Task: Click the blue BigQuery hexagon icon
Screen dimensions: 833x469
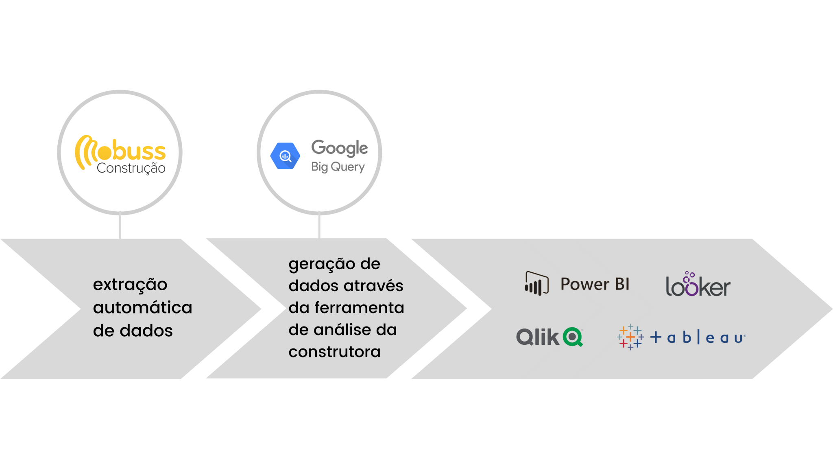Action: tap(285, 156)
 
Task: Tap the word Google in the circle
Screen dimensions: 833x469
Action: tap(340, 148)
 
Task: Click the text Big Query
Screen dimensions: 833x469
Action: tap(338, 167)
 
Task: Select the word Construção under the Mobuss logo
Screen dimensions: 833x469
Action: tap(131, 168)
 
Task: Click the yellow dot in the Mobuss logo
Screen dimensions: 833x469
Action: tap(105, 153)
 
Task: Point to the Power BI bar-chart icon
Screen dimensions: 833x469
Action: tap(537, 283)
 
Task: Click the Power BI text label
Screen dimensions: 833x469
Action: tap(595, 284)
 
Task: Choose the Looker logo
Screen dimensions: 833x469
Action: tap(698, 284)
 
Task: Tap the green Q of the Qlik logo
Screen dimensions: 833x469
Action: tap(573, 337)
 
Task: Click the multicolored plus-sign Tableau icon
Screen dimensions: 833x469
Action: tap(630, 337)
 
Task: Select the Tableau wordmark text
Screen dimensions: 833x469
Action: tap(698, 338)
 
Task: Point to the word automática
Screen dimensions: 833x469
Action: tap(143, 307)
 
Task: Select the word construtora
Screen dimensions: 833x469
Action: tap(335, 352)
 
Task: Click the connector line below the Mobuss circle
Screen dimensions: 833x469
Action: tap(120, 226)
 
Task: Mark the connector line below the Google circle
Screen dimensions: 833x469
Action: tap(319, 226)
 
